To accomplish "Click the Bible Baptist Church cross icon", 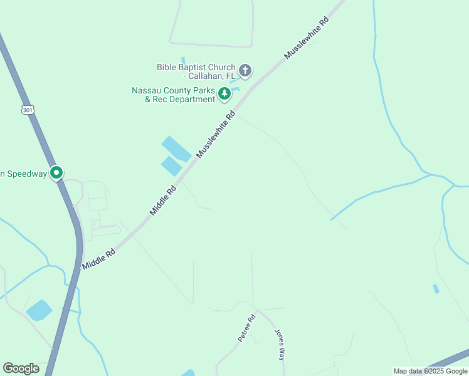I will click(245, 71).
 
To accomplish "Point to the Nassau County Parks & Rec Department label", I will click(173, 95).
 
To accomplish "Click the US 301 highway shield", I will click(27, 110).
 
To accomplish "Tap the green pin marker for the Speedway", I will click(56, 172).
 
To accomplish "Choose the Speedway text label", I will click(24, 174).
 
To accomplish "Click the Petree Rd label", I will click(247, 328).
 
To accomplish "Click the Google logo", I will click(21, 368).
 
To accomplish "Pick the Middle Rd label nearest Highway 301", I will click(98, 259).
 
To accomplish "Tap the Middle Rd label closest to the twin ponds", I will click(162, 201).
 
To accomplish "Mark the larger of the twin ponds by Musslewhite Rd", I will click(176, 149).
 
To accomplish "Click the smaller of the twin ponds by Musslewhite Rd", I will click(171, 167).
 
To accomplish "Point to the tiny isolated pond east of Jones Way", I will click(436, 289).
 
